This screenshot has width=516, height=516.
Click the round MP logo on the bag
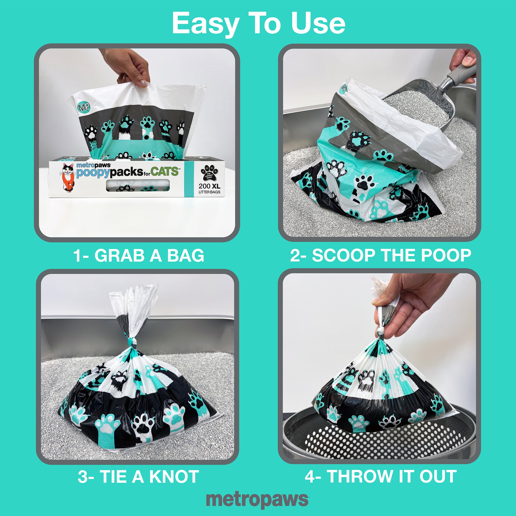(84, 107)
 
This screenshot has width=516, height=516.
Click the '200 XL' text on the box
(209, 186)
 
